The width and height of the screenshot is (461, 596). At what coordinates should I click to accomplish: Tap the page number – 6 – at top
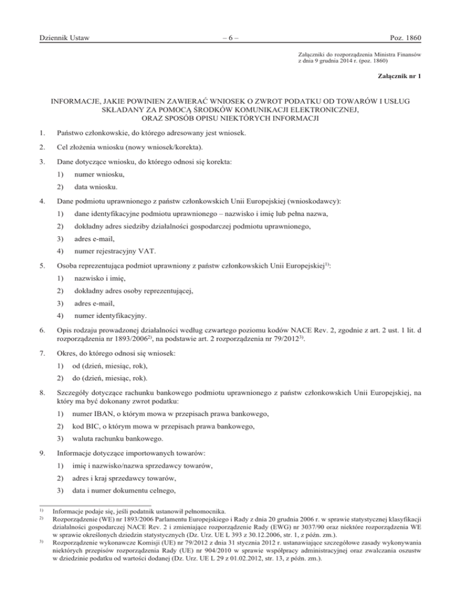pos(230,39)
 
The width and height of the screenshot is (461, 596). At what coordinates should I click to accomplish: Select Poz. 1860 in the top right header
pos(401,39)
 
